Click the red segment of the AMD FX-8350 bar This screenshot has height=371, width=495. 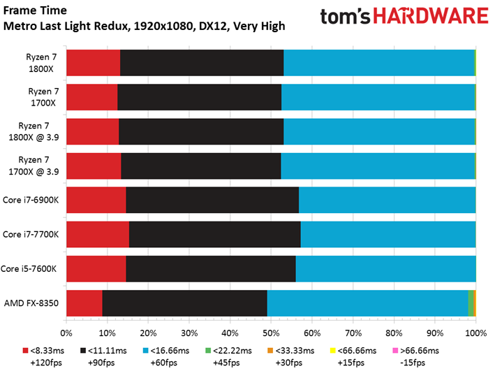tap(84, 303)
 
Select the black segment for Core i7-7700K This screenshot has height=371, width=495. tap(214, 234)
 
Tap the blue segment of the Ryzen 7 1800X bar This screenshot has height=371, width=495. tap(379, 63)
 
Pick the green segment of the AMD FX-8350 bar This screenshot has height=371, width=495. tap(471, 303)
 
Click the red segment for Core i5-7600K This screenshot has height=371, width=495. tap(96, 268)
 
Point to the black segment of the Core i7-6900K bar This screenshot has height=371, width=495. tap(212, 200)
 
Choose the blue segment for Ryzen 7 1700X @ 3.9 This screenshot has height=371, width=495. tap(378, 166)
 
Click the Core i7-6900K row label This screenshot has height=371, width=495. tap(31, 200)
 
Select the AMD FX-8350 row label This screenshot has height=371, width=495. tap(31, 303)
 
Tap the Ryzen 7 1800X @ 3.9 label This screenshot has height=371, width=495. tap(34, 131)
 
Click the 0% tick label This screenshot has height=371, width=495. tap(66, 333)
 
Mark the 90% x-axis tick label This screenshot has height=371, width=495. tap(435, 333)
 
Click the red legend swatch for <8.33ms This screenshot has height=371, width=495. tap(26, 351)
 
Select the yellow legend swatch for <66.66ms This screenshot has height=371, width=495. tap(333, 351)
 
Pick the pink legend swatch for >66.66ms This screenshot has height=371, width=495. tap(395, 351)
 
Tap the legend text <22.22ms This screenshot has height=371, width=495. tap(232, 351)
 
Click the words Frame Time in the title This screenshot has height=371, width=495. tap(35, 10)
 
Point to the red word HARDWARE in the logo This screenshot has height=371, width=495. tap(431, 16)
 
